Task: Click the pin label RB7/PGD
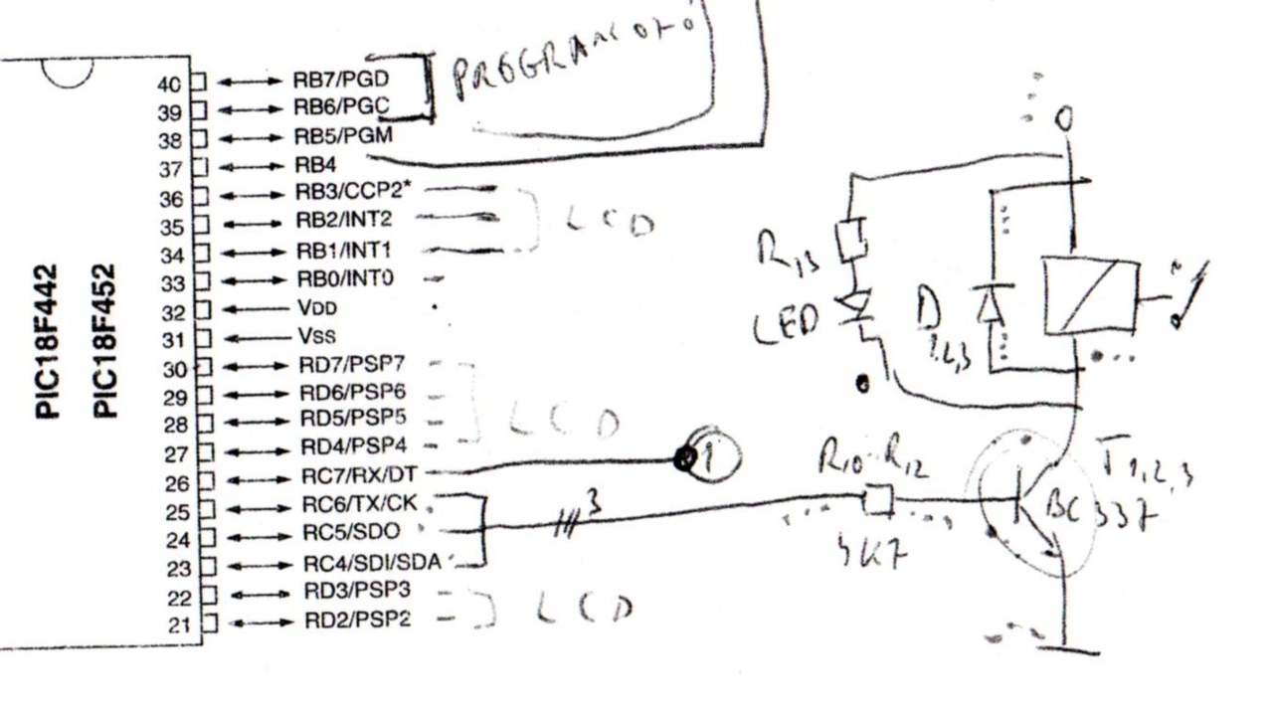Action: point(340,80)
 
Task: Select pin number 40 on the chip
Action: point(169,84)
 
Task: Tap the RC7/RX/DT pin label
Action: point(358,475)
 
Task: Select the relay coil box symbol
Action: point(1090,296)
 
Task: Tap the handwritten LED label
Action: point(786,324)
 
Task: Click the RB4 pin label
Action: point(317,164)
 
